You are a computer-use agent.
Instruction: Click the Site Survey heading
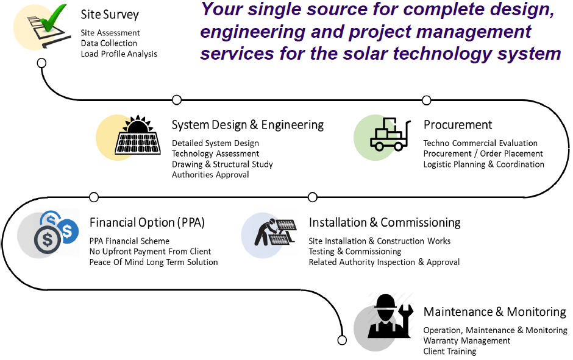point(110,14)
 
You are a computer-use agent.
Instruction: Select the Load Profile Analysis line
point(119,54)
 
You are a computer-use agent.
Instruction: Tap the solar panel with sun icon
point(138,136)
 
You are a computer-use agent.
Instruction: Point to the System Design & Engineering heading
point(247,125)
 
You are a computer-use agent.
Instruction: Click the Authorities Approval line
point(210,175)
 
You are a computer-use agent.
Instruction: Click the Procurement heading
point(458,125)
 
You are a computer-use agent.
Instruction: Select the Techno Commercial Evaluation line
point(480,143)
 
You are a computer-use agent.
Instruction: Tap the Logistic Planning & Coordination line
point(483,164)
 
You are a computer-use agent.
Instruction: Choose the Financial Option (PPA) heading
point(147,222)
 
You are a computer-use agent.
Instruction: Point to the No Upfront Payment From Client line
point(150,251)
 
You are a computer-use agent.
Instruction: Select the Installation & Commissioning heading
point(385,222)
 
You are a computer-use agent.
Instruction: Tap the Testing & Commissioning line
point(355,251)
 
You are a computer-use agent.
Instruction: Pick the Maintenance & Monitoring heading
point(494,312)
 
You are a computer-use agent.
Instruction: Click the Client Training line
point(450,351)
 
